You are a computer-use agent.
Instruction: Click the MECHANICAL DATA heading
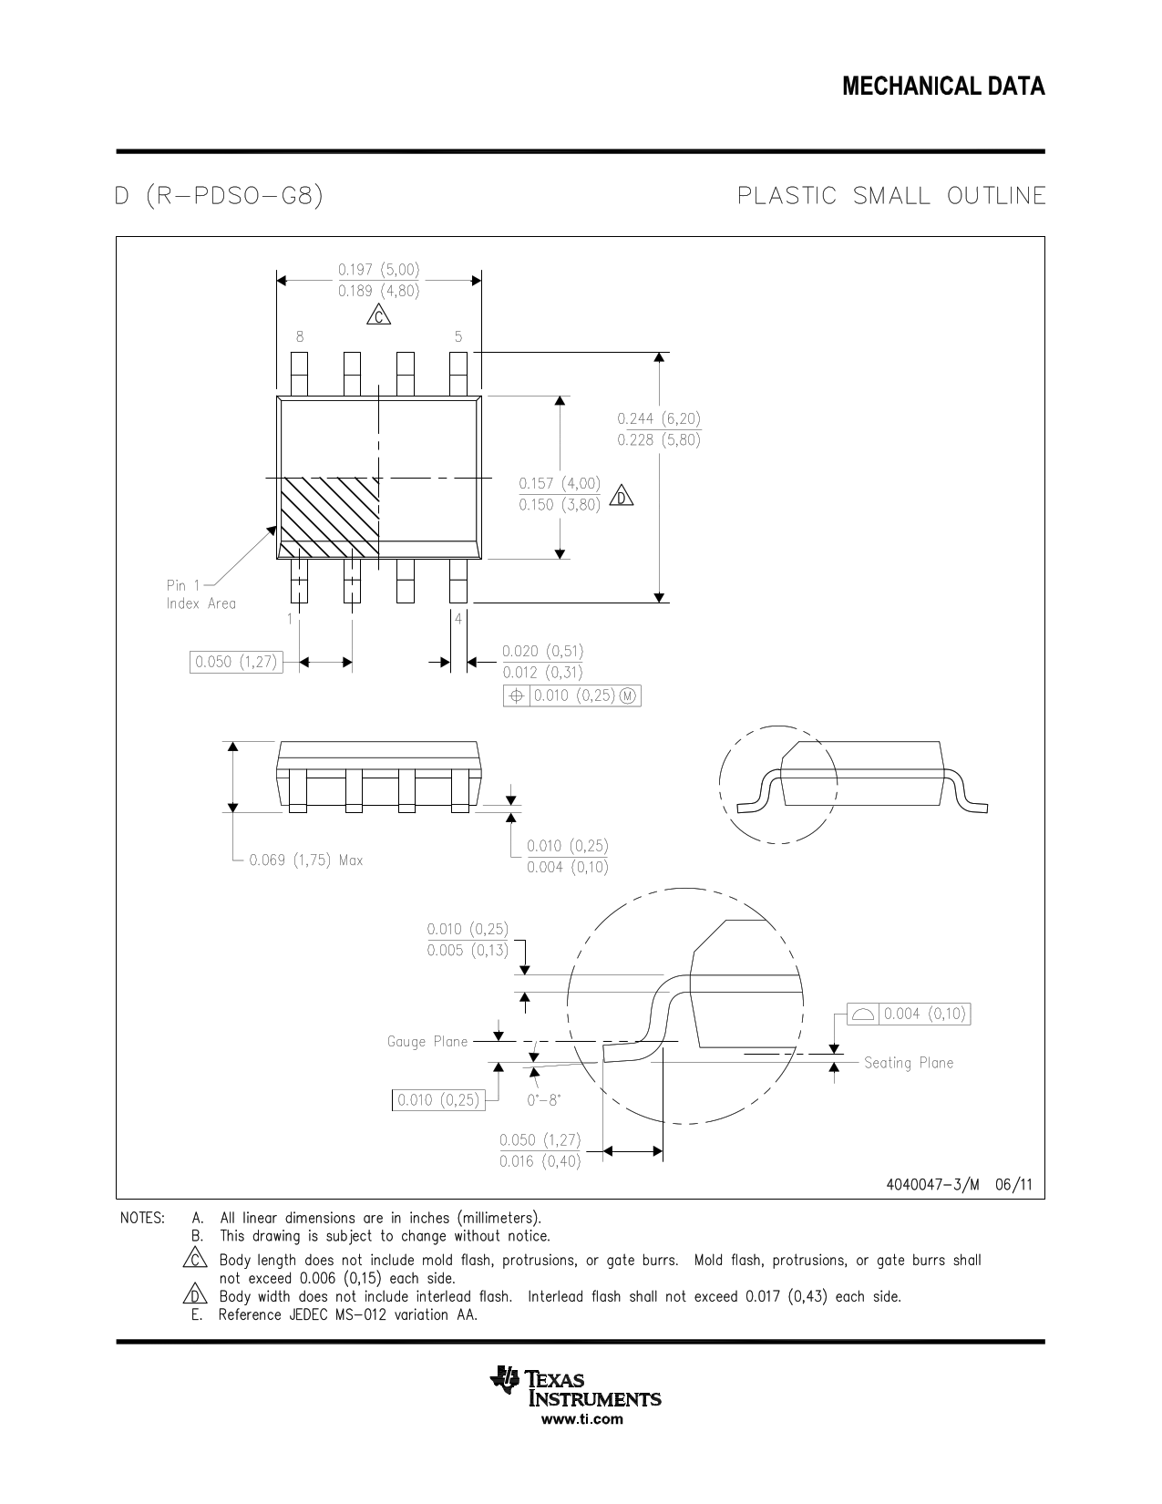tap(943, 87)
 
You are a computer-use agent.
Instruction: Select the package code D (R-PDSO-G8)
tap(219, 196)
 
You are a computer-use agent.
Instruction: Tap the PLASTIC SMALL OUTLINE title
tap(890, 196)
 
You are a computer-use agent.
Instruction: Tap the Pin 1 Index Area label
tap(201, 594)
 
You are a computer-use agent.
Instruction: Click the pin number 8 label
tap(300, 337)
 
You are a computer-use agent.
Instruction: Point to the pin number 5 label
tap(458, 337)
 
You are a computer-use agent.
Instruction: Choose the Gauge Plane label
tap(427, 1042)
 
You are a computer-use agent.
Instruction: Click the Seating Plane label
tap(908, 1063)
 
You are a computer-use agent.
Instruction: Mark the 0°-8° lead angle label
tap(544, 1100)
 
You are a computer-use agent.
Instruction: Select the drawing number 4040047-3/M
tap(932, 1184)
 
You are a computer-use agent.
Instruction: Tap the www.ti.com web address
tap(581, 1419)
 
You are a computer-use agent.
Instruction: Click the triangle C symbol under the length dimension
tap(378, 316)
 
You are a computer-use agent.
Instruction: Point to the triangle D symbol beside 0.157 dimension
tap(622, 496)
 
